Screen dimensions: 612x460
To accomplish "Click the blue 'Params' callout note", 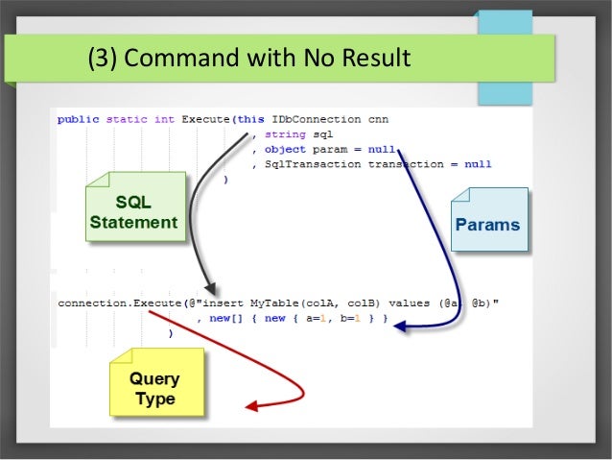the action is [488, 226].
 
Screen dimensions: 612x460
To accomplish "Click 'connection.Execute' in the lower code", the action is [113, 303].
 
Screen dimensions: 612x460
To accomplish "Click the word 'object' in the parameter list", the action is [284, 150].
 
